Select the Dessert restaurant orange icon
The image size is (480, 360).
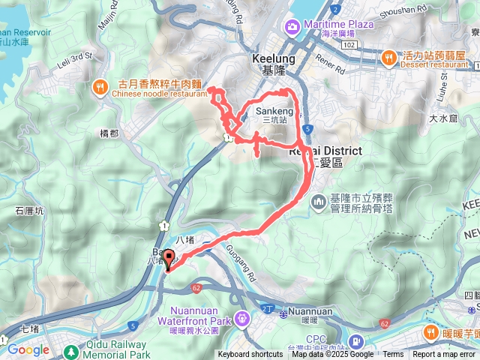pyautogui.click(x=388, y=57)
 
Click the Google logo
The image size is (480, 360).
pyautogui.click(x=28, y=349)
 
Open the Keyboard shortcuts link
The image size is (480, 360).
pyautogui.click(x=250, y=355)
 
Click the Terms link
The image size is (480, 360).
pyautogui.click(x=393, y=355)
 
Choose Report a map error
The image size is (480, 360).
pyautogui.click(x=444, y=355)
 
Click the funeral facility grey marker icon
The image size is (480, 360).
pyautogui.click(x=318, y=201)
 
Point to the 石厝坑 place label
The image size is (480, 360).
pyautogui.click(x=30, y=211)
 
